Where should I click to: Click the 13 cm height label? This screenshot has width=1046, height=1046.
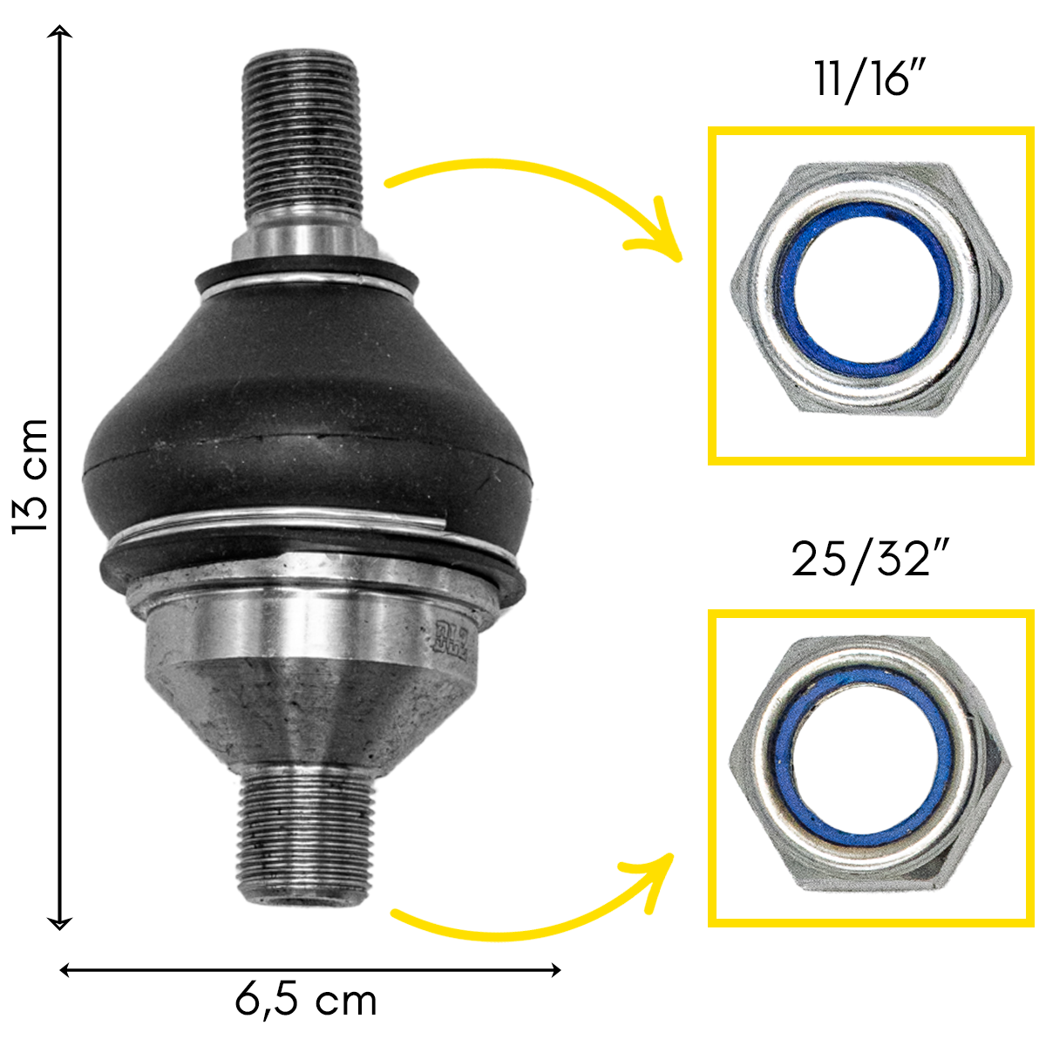coord(31,478)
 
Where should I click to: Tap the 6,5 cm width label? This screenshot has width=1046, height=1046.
coord(306,1001)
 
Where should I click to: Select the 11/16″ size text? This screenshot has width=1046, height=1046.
coord(870,81)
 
